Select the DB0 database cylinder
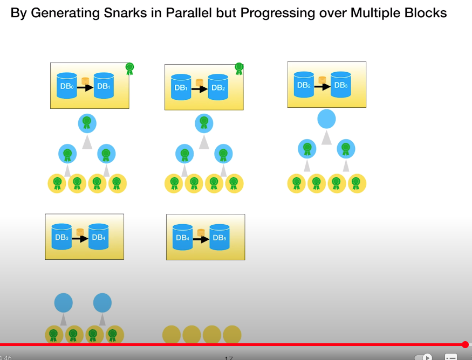[67, 85]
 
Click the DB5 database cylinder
[219, 237]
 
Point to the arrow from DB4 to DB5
[201, 238]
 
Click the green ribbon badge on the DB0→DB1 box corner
[129, 68]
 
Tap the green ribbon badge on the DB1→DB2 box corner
[239, 68]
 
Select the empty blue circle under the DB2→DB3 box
[326, 119]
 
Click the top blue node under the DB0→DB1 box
[87, 123]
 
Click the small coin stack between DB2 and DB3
[322, 81]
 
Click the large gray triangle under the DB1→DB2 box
[204, 142]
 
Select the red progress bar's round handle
[465, 344]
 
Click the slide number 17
[229, 357]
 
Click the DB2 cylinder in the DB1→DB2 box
[217, 87]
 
